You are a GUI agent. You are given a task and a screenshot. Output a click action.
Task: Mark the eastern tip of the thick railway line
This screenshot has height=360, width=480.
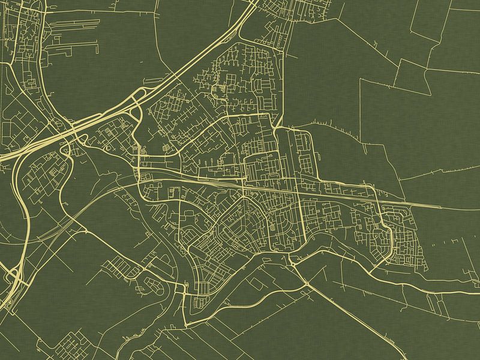(441, 207)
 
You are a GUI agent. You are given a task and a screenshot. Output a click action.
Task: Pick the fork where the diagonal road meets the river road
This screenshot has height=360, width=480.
(307, 282)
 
